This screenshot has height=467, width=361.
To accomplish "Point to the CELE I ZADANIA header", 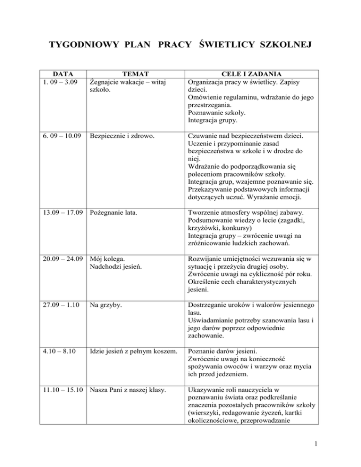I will [x=251, y=74].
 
